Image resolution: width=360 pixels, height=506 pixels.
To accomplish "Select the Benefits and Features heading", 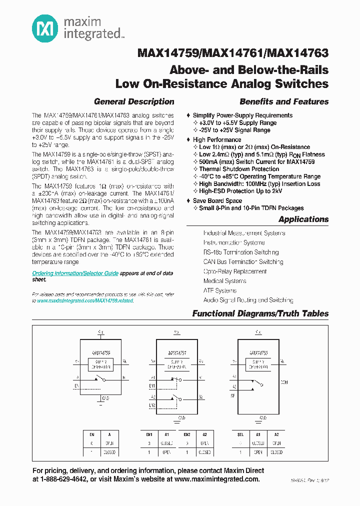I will click(x=284, y=101).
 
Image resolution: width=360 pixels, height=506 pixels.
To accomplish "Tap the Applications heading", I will click(x=303, y=219).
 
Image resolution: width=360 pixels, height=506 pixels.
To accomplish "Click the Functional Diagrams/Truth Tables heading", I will click(x=260, y=313).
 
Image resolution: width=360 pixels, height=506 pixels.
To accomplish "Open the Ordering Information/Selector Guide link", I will click(x=75, y=273).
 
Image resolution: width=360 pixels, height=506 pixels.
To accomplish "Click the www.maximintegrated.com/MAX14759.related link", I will click(x=85, y=301).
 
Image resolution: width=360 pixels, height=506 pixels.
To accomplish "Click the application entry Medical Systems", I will click(x=224, y=281).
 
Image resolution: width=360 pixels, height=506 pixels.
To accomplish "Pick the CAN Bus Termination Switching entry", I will click(x=243, y=262).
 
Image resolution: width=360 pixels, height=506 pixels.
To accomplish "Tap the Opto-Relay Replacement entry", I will click(x=235, y=271).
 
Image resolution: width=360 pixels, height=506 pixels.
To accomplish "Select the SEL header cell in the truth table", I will click(x=240, y=435).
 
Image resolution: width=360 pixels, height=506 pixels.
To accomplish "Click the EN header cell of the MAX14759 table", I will click(x=91, y=435).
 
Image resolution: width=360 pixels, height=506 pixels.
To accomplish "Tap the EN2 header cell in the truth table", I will click(x=187, y=435).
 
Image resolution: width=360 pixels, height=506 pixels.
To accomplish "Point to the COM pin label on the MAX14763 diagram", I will click(x=284, y=382).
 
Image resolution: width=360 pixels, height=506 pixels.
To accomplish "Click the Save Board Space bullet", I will click(x=217, y=201).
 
